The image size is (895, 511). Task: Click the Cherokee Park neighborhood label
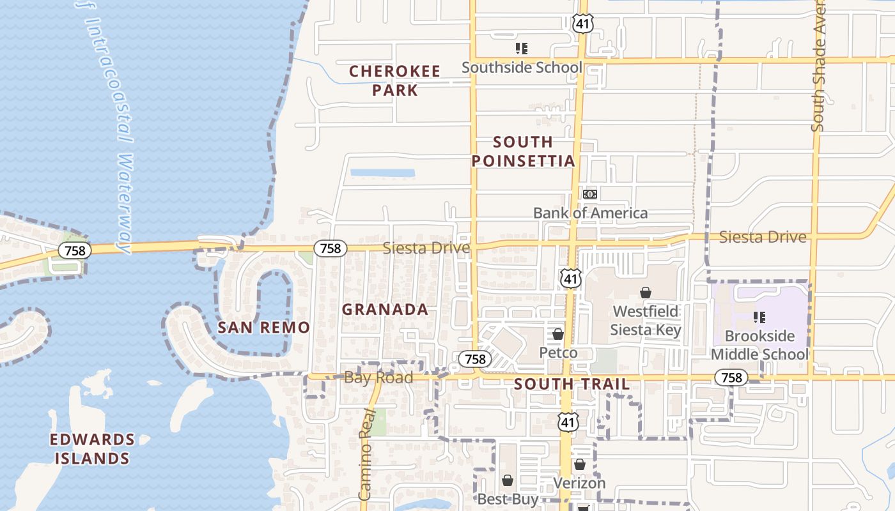pyautogui.click(x=394, y=80)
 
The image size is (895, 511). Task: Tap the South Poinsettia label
pyautogui.click(x=524, y=151)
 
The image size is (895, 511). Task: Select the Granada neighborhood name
pyautogui.click(x=385, y=310)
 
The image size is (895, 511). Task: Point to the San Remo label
pyautogui.click(x=263, y=328)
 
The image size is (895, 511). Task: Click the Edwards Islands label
pyautogui.click(x=93, y=448)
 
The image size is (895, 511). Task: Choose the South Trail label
pyautogui.click(x=572, y=384)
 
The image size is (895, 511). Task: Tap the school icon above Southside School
pyautogui.click(x=522, y=49)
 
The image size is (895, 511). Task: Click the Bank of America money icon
pyautogui.click(x=590, y=194)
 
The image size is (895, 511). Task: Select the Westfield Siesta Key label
pyautogui.click(x=646, y=321)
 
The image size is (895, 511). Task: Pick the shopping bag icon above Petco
pyautogui.click(x=558, y=334)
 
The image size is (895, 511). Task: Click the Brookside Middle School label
pyautogui.click(x=759, y=345)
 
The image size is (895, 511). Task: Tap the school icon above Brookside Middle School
pyautogui.click(x=759, y=317)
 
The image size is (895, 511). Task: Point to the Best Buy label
pyautogui.click(x=508, y=499)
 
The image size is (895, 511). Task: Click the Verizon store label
pyautogui.click(x=579, y=483)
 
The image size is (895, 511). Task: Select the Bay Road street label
pyautogui.click(x=378, y=378)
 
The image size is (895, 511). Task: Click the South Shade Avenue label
pyautogui.click(x=818, y=67)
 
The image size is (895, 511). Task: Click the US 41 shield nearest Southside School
pyautogui.click(x=583, y=24)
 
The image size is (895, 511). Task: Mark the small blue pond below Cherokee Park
pyautogui.click(x=382, y=172)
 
